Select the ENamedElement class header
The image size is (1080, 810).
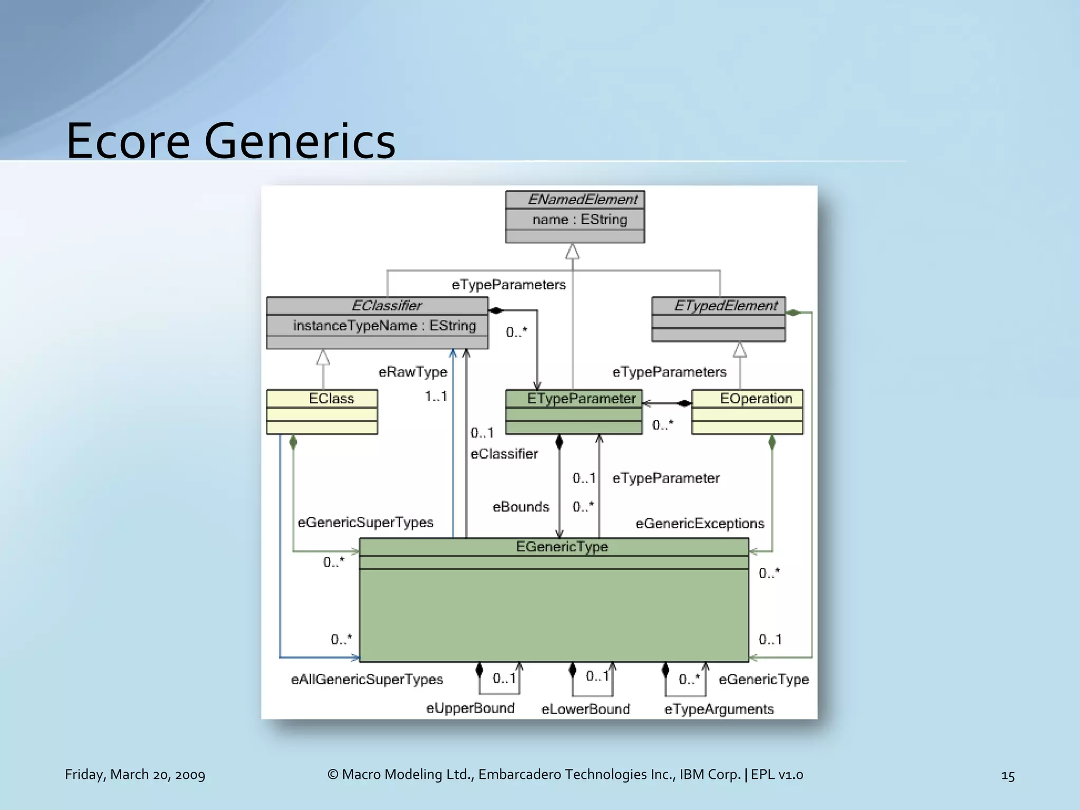pyautogui.click(x=582, y=200)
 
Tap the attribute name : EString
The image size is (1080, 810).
pyautogui.click(x=580, y=220)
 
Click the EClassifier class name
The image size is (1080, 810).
pyautogui.click(x=387, y=306)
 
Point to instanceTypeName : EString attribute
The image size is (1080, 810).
pyautogui.click(x=384, y=326)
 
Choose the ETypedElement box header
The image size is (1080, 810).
pyautogui.click(x=726, y=306)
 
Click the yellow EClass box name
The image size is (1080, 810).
pyautogui.click(x=331, y=399)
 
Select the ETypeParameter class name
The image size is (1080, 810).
pyautogui.click(x=581, y=399)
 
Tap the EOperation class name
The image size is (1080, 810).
pyautogui.click(x=756, y=399)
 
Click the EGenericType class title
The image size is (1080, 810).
pyautogui.click(x=562, y=547)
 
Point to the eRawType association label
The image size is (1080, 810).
pyautogui.click(x=412, y=372)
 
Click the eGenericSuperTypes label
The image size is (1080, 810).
pyautogui.click(x=365, y=523)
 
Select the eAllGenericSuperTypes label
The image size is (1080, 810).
pyautogui.click(x=367, y=680)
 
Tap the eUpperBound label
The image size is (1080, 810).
pyautogui.click(x=470, y=708)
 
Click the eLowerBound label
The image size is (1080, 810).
pyautogui.click(x=585, y=709)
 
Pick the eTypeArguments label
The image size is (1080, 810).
pyautogui.click(x=719, y=709)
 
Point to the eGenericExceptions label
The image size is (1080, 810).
pyautogui.click(x=700, y=524)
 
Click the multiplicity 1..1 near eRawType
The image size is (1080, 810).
pyautogui.click(x=436, y=396)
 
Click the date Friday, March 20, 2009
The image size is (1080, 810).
pyautogui.click(x=135, y=775)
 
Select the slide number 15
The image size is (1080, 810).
pyautogui.click(x=1007, y=776)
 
